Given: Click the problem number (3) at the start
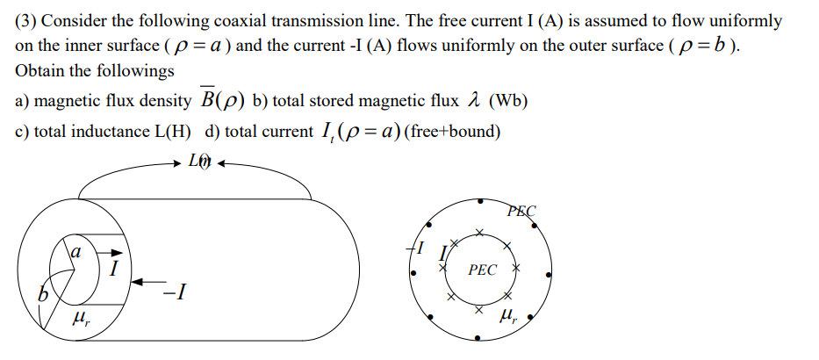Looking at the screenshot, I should point(25,20).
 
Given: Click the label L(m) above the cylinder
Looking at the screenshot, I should point(199,162).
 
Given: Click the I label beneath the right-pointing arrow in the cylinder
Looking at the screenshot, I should point(113,269).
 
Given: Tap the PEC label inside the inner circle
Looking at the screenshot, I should point(481,270).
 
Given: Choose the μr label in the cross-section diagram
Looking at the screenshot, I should point(507,313).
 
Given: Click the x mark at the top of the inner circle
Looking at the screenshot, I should point(479,233).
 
